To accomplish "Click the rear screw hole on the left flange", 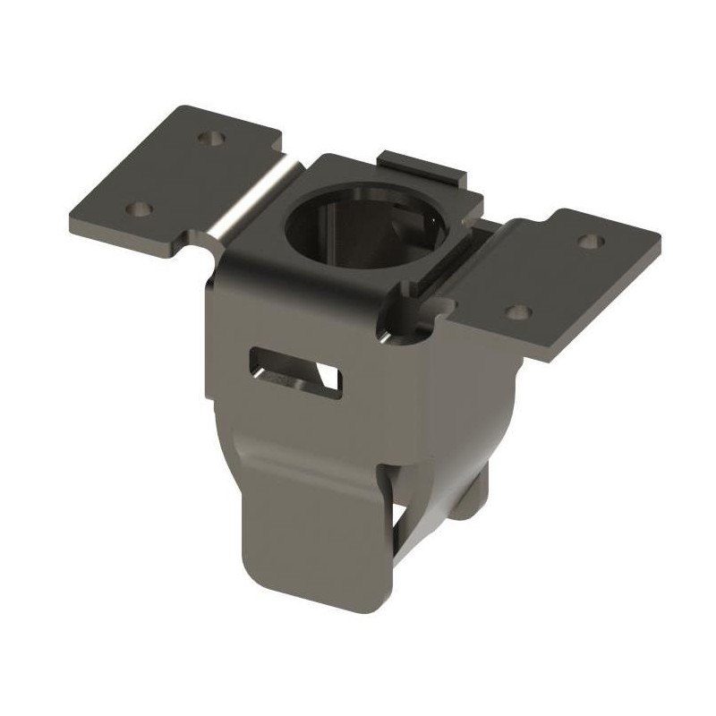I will coord(213,140).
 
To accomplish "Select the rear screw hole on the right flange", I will coord(589,240).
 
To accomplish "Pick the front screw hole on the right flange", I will coord(518,312).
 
